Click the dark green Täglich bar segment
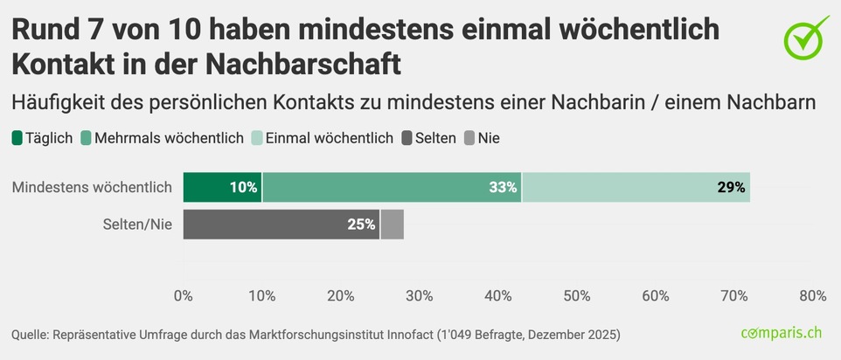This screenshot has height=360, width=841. [222, 187]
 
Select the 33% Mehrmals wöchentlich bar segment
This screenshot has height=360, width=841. [392, 187]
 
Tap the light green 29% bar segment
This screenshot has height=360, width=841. [636, 187]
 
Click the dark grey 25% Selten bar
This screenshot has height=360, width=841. [281, 225]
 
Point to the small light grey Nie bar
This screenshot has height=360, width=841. [392, 225]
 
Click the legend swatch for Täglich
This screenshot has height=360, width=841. [17, 138]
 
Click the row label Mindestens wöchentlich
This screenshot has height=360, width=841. [91, 187]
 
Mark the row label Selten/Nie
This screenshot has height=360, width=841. [136, 225]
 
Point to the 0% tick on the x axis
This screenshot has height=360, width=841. [184, 295]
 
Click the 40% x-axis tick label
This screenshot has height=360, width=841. [498, 295]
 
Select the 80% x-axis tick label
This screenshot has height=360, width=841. [812, 295]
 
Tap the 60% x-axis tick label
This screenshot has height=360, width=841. [656, 295]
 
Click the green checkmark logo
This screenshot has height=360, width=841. [805, 38]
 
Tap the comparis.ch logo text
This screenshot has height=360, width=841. [782, 334]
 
